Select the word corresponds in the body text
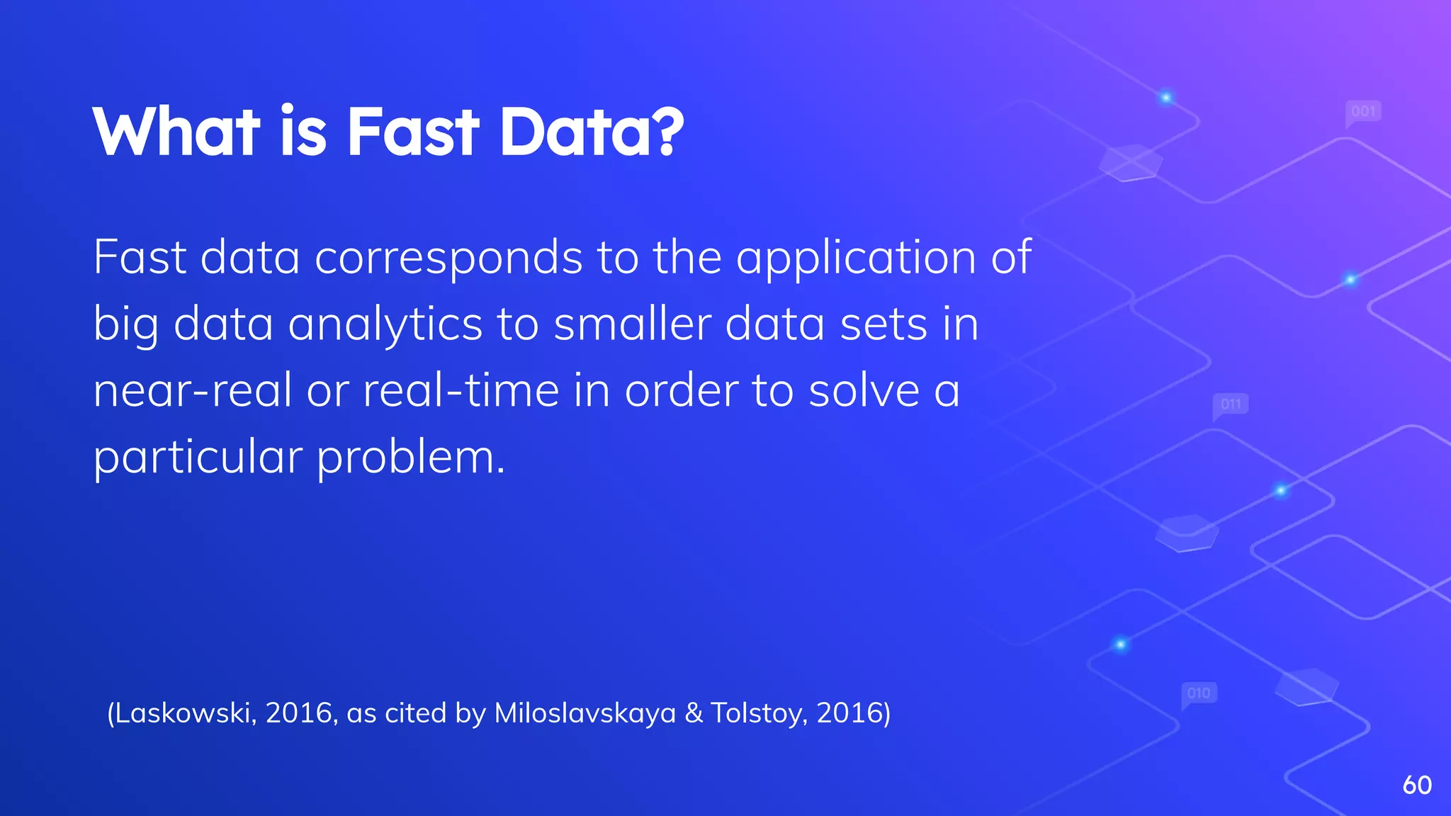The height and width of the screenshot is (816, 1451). coord(448,258)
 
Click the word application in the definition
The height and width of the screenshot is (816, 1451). coord(856,258)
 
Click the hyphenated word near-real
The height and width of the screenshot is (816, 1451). coord(192,391)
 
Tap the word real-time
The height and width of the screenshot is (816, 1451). coord(461,391)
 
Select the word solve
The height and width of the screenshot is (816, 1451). coord(864,391)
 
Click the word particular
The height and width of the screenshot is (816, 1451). coord(198,458)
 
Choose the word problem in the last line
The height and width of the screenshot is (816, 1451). coord(410,458)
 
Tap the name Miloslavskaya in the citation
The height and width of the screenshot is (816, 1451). coord(585,713)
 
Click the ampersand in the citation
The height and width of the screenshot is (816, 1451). coord(694,713)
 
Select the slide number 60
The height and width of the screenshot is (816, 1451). coord(1417,785)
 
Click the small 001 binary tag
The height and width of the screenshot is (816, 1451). coord(1363,112)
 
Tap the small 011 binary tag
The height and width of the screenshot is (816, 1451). coord(1231,404)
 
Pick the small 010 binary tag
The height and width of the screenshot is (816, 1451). coord(1199,693)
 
